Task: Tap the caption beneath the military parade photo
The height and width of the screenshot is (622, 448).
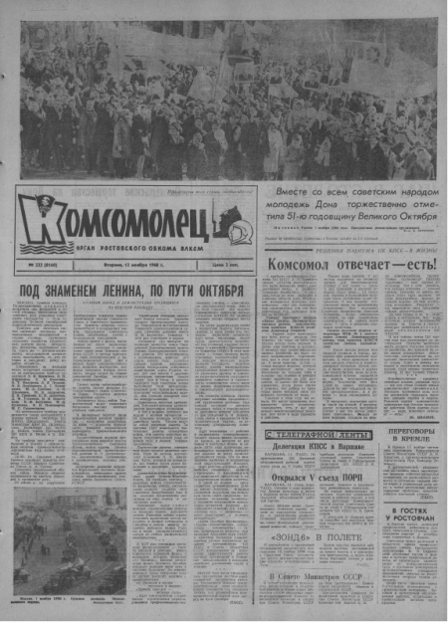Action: [70, 601]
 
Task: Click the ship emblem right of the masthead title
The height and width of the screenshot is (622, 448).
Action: [231, 222]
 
